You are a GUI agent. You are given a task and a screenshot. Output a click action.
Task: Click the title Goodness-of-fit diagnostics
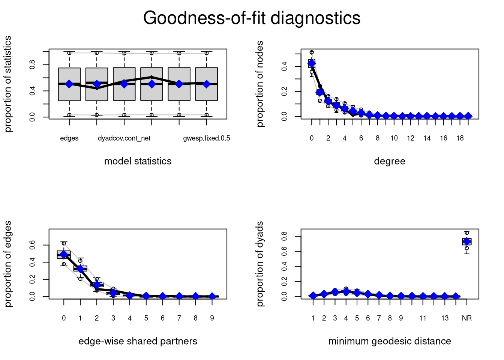[x=252, y=18]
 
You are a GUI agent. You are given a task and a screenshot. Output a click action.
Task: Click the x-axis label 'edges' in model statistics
[x=69, y=138]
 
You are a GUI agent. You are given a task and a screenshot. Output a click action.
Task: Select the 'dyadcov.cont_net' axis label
[x=124, y=138]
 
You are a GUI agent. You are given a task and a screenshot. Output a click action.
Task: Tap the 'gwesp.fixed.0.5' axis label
[x=207, y=138]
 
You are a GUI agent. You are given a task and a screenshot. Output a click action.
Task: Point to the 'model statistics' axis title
[x=138, y=161]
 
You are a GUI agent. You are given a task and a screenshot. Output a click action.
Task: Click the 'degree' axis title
[x=390, y=161]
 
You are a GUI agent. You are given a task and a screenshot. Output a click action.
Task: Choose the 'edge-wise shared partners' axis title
[x=138, y=341]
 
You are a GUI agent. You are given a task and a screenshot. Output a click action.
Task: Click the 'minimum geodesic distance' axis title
[x=390, y=341]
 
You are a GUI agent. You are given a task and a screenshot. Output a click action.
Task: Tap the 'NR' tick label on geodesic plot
[x=466, y=318]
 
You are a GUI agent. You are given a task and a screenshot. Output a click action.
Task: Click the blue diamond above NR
[x=466, y=241]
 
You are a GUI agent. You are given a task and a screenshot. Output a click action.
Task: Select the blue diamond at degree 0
[x=312, y=63]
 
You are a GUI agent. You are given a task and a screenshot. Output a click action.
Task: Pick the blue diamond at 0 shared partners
[x=64, y=255]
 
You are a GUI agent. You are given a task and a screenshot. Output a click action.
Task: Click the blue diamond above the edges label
[x=69, y=84]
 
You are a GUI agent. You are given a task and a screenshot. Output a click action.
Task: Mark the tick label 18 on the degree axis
[x=460, y=138]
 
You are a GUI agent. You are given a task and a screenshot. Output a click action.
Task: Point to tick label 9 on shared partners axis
[x=212, y=318]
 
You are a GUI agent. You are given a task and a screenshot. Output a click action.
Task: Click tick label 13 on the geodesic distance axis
[x=445, y=318]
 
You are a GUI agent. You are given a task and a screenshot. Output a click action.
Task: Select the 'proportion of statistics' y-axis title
[x=8, y=84]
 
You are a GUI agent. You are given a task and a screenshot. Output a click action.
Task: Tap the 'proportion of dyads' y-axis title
[x=260, y=264]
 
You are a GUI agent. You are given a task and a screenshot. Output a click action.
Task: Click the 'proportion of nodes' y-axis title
[x=260, y=84]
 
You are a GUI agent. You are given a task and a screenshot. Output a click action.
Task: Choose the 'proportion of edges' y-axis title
[x=8, y=264]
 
